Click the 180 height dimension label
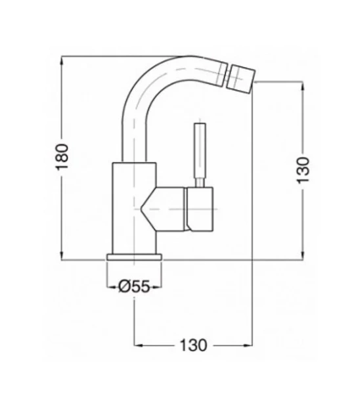[62, 157]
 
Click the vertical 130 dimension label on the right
[303, 170]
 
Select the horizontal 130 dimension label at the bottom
[193, 345]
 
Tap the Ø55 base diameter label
[134, 286]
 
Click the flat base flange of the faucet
[134, 257]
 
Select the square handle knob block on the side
[200, 209]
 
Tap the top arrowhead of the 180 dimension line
[62, 60]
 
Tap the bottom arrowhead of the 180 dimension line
[62, 255]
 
